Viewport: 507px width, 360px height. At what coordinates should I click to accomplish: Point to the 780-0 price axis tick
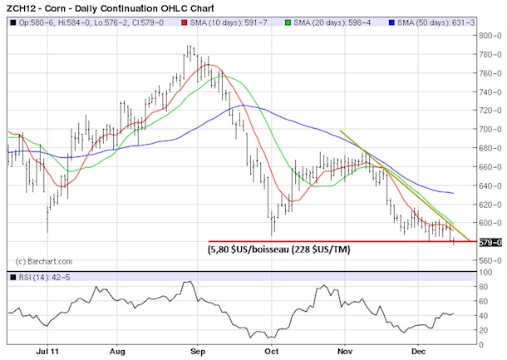point(490,54)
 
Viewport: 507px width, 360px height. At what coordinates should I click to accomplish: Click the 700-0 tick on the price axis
point(490,130)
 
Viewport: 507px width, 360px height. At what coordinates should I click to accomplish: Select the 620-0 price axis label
point(490,205)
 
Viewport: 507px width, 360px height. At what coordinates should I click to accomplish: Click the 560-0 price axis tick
point(490,261)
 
